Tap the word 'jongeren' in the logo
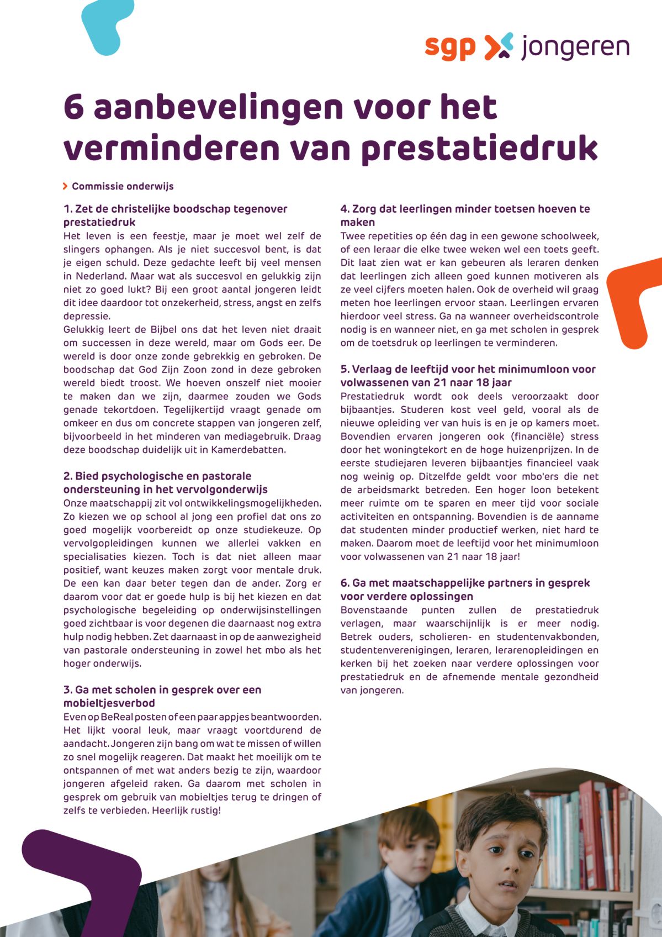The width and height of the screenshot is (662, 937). tap(575, 48)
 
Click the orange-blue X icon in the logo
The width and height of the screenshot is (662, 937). tap(499, 46)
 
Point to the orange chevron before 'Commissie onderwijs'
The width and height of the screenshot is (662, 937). tap(66, 186)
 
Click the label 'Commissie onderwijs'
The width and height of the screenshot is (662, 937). tap(123, 186)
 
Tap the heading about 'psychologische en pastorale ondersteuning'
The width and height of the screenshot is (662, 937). tap(165, 482)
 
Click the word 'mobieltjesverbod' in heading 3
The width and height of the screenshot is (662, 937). tap(109, 703)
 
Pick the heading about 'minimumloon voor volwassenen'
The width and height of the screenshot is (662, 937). tap(468, 376)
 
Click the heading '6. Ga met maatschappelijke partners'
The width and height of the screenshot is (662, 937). tap(465, 589)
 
